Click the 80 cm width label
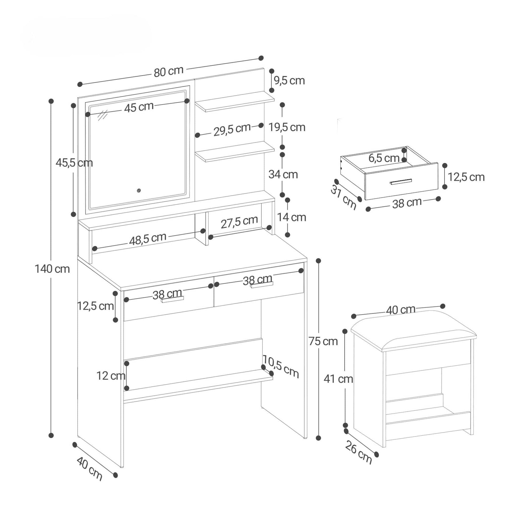click(x=169, y=72)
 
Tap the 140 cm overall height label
click(x=52, y=269)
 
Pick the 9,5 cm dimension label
click(x=289, y=81)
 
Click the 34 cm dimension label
click(x=283, y=175)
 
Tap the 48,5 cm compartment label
click(x=148, y=239)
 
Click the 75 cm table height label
click(x=323, y=341)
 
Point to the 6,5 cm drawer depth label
click(x=384, y=158)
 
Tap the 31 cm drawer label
click(x=343, y=197)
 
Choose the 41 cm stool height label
click(x=338, y=379)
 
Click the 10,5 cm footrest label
click(x=281, y=366)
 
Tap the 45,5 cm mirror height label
click(x=74, y=163)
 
